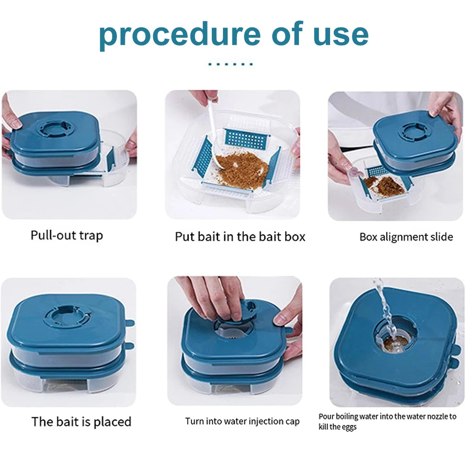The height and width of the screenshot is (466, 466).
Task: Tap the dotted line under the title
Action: [230, 64]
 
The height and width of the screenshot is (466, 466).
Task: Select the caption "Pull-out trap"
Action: [67, 235]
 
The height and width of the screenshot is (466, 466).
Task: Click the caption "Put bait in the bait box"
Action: [240, 236]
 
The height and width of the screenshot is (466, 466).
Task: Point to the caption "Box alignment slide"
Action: [406, 237]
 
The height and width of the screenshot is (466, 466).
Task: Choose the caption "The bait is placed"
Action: [81, 422]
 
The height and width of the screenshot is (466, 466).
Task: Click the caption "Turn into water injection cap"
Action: [242, 422]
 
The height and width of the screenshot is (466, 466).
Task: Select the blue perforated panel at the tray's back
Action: [247, 138]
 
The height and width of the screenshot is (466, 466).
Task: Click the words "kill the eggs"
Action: [338, 427]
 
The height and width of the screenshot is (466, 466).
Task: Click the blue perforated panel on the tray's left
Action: [203, 157]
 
